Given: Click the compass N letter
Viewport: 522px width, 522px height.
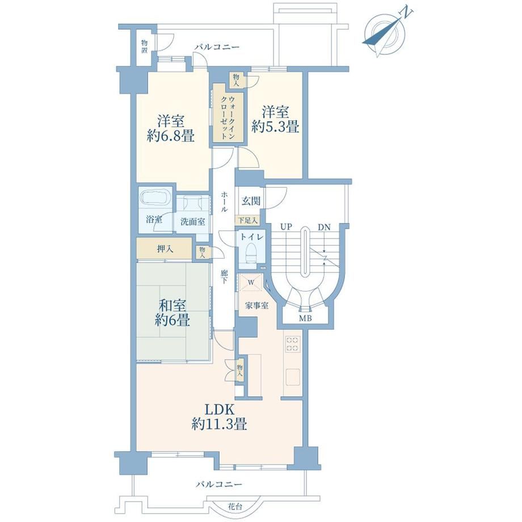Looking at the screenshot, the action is [407, 13].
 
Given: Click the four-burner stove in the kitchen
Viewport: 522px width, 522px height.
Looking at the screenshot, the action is [292, 344].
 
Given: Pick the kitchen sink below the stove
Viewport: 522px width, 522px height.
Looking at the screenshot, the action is [292, 377].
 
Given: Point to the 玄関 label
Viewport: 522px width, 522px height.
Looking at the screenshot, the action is [251, 201].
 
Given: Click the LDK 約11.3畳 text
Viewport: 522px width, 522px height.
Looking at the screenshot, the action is [219, 417].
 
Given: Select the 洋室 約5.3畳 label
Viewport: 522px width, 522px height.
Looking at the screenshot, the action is [275, 120].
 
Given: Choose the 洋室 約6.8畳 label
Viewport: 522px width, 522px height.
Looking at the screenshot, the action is [171, 128].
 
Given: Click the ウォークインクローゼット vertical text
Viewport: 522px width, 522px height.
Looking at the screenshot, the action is [228, 117].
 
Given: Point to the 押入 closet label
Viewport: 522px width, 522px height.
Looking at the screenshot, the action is [166, 249].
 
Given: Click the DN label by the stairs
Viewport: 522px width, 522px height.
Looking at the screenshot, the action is [324, 228].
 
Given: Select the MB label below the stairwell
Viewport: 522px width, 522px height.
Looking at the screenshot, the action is [305, 318].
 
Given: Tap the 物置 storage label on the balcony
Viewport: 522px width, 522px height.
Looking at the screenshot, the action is [144, 47].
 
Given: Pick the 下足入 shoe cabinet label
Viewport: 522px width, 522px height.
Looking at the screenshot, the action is [247, 220].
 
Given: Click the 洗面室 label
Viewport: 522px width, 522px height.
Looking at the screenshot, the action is [193, 222].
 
